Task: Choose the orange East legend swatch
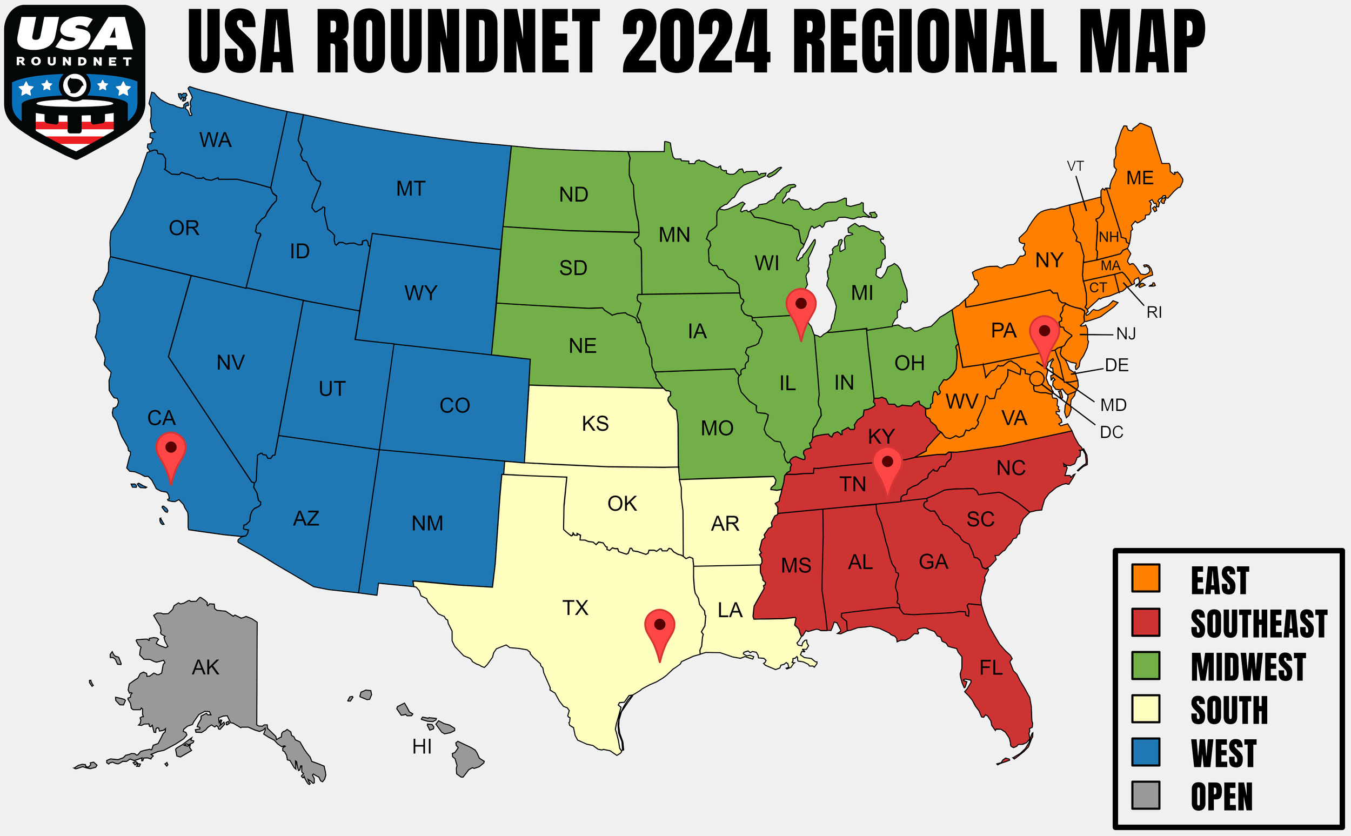click(x=1145, y=578)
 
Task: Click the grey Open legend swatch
click(x=1145, y=795)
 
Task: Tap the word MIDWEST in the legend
click(x=1248, y=667)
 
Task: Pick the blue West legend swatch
click(x=1145, y=752)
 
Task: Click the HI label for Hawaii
click(x=422, y=747)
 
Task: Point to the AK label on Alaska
click(x=206, y=667)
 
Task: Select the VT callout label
click(x=1075, y=166)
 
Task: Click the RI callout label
click(x=1154, y=312)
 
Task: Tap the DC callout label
click(x=1111, y=432)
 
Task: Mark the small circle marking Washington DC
click(x=1037, y=378)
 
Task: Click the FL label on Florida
click(x=991, y=668)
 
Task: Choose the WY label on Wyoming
click(x=421, y=293)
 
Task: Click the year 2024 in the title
click(x=696, y=42)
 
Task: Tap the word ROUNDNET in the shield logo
click(x=75, y=62)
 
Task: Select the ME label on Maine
click(x=1140, y=178)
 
